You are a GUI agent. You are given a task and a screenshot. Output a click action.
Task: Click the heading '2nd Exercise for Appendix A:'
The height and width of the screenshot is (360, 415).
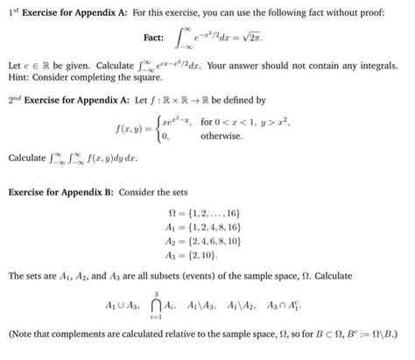65,101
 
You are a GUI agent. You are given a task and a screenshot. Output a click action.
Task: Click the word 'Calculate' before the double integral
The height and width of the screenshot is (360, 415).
27,159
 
